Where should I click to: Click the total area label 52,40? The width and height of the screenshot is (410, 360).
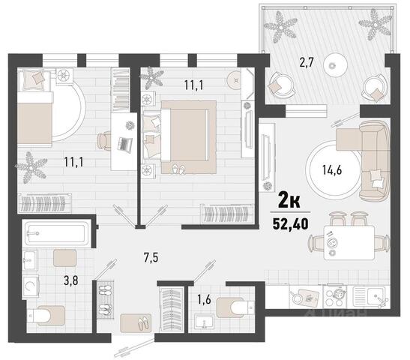tap(290, 223)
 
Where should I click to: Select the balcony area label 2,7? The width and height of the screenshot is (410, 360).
tap(307, 63)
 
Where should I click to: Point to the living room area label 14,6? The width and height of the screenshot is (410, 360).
tap(332, 170)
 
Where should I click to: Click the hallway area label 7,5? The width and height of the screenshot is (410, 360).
tap(151, 258)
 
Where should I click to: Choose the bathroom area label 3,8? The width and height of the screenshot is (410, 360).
tap(71, 281)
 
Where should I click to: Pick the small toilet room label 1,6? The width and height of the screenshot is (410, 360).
tap(204, 300)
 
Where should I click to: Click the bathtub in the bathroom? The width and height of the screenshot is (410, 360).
tap(57, 233)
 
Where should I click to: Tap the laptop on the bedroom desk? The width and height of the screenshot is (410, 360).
tap(124, 143)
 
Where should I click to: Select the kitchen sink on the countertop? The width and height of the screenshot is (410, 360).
tap(369, 296)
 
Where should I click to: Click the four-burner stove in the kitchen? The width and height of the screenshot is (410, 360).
tap(335, 297)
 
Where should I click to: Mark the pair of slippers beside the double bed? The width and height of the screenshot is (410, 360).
tap(179, 169)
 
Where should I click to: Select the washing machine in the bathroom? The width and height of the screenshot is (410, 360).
tap(31, 286)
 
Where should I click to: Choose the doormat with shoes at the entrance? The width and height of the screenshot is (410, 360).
tap(136, 322)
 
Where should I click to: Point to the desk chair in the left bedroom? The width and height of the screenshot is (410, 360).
tap(103, 141)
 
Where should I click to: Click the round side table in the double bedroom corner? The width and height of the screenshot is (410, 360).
tap(235, 79)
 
